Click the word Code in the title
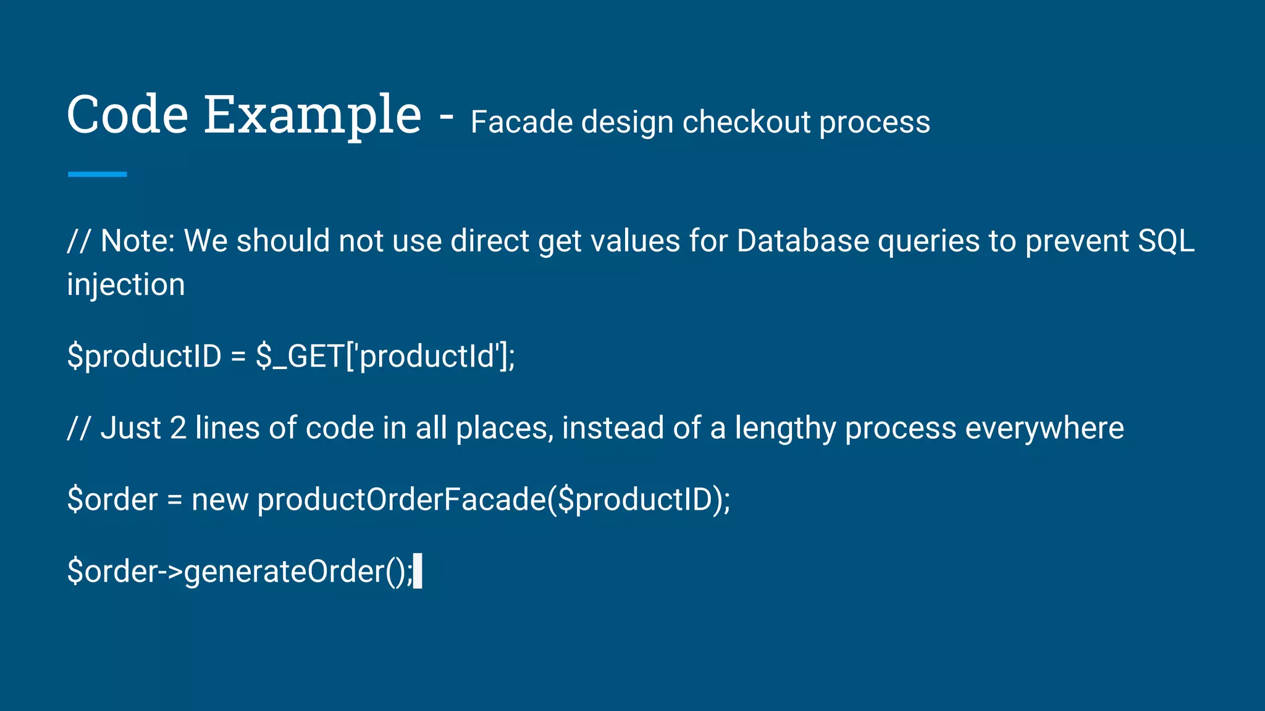click(x=127, y=115)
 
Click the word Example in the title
click(x=313, y=116)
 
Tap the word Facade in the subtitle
click(x=521, y=122)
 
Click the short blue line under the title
click(x=97, y=175)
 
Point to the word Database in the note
click(x=802, y=241)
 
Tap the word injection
click(x=126, y=285)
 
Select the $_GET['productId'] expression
click(x=385, y=357)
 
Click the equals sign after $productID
click(x=238, y=357)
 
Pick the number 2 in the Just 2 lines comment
click(x=178, y=428)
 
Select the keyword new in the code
click(x=219, y=500)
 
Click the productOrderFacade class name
click(x=401, y=500)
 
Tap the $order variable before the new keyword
click(x=112, y=500)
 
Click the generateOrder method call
click(x=284, y=572)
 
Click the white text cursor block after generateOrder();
click(x=418, y=571)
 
